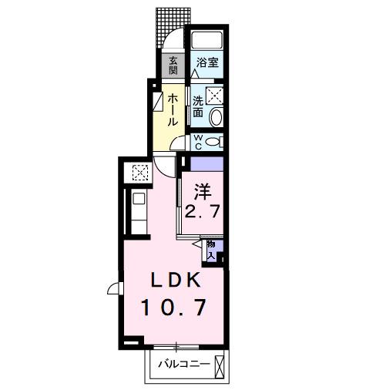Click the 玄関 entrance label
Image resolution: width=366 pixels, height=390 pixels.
coord(173,66)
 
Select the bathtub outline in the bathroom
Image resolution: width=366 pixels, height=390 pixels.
coord(207,42)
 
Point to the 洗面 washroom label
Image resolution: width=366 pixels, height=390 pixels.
coord(198,106)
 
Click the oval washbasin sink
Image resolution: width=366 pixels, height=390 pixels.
coord(216,118)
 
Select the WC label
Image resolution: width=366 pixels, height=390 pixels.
coord(198,141)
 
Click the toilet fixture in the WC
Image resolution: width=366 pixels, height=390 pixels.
coord(216,142)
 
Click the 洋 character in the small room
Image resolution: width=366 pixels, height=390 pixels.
coord(202,189)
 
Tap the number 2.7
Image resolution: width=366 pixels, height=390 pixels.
coord(202,211)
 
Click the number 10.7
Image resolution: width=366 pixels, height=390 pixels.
coord(173,308)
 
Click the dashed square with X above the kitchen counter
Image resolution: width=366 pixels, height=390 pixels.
coord(140,173)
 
